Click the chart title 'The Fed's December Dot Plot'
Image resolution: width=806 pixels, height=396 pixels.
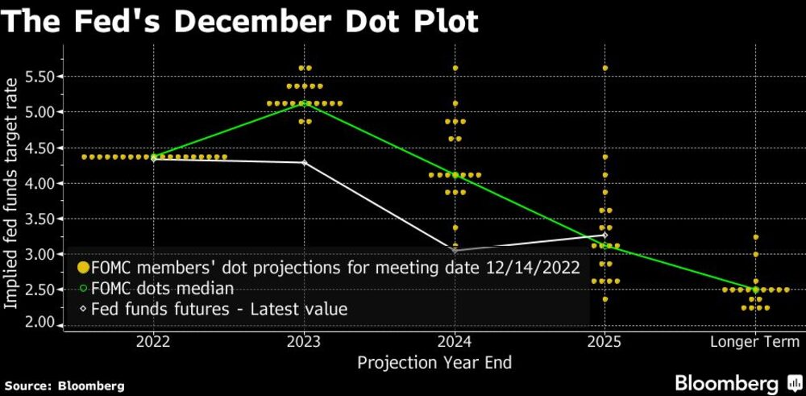(240, 21)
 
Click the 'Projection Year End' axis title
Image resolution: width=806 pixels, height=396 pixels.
(436, 362)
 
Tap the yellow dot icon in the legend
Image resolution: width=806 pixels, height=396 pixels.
(81, 269)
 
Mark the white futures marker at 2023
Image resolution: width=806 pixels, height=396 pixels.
(304, 162)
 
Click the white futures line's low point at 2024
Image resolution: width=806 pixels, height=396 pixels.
(455, 250)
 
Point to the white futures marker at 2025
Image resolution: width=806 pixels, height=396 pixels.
(605, 236)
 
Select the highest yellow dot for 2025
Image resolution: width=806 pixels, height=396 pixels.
(605, 68)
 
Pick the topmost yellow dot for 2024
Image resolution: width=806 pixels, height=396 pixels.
(455, 68)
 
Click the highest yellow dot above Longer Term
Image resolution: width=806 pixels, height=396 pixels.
(755, 237)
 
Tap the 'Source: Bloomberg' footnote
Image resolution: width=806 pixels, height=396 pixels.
(62, 386)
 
